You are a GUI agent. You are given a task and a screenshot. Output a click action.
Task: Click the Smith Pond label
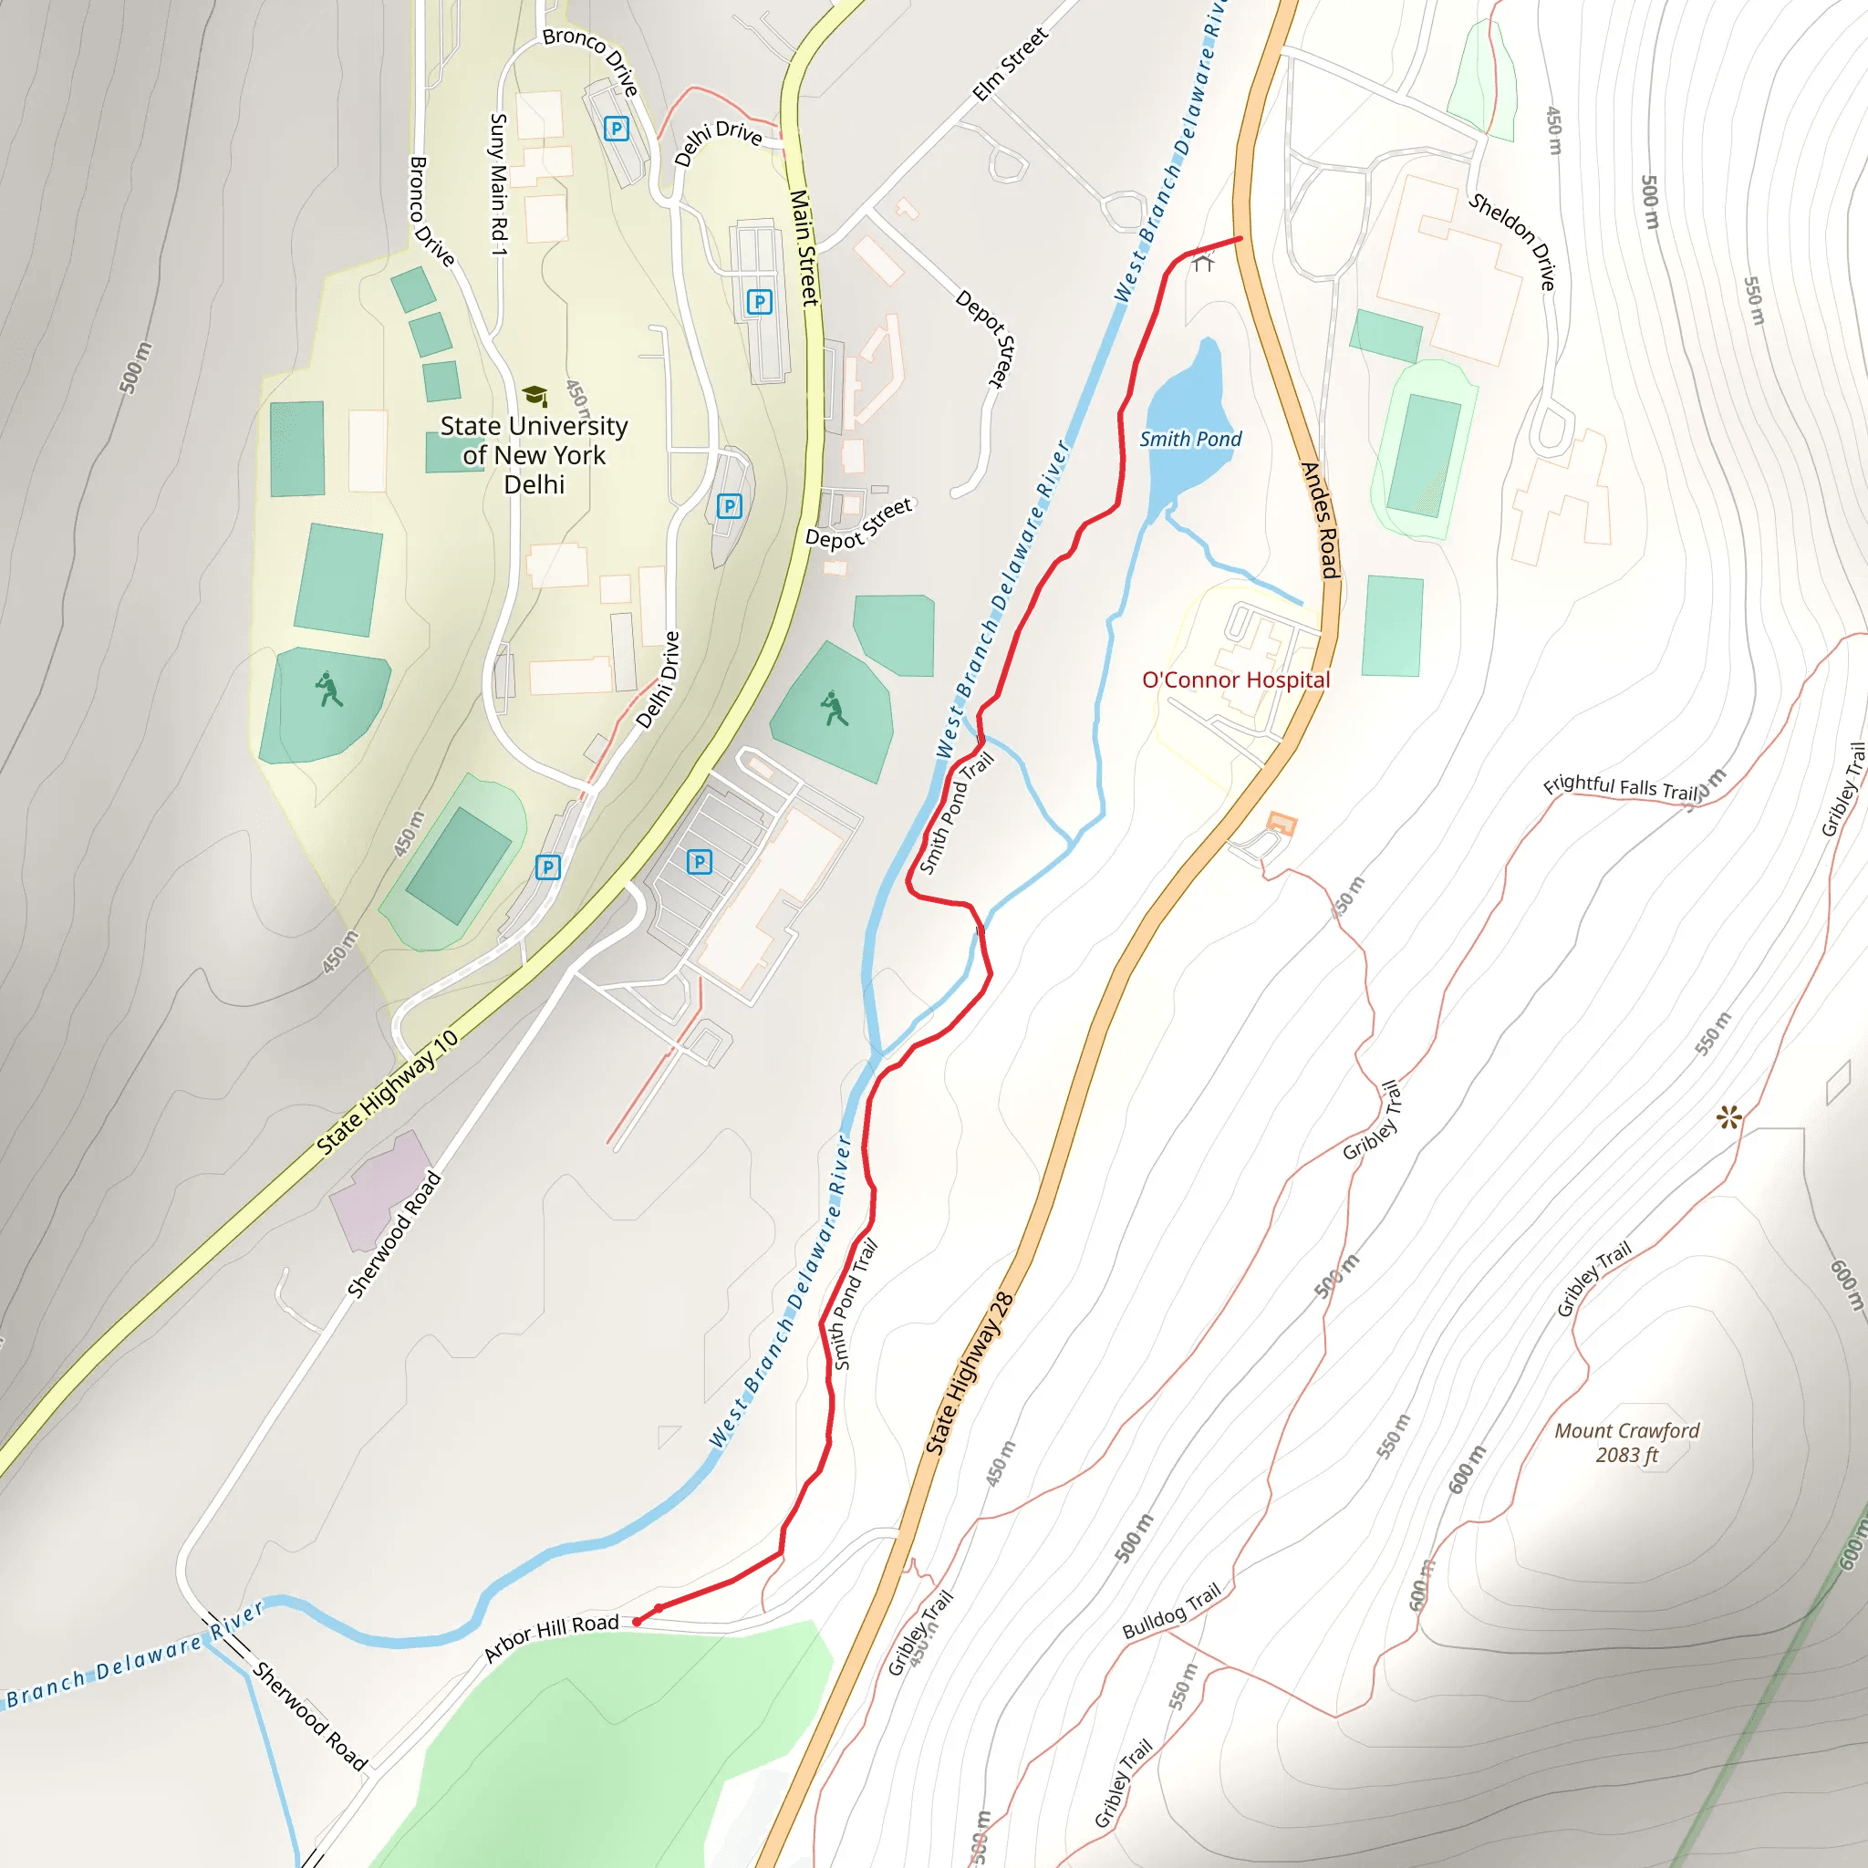(x=1190, y=439)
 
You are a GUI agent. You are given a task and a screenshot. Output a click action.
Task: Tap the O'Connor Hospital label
(x=1236, y=680)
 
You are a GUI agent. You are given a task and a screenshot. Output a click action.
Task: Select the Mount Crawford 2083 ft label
(x=1626, y=1443)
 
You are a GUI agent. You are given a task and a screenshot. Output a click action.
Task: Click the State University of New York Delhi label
(x=534, y=454)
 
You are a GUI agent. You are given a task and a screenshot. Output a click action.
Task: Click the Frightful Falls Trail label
(x=1621, y=787)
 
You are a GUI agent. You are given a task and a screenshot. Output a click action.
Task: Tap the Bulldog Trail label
(x=1171, y=1611)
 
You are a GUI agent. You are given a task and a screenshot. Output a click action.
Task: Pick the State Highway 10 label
(x=388, y=1092)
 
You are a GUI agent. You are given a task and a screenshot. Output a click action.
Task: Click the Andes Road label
(x=1320, y=520)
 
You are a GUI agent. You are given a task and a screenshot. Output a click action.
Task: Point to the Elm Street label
(x=1010, y=64)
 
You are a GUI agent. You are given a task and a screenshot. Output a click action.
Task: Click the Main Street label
(x=804, y=247)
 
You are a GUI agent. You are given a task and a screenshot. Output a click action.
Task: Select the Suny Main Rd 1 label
(x=499, y=183)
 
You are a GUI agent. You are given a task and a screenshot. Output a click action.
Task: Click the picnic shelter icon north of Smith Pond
(x=1203, y=261)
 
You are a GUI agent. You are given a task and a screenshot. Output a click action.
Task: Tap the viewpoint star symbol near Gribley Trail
(x=1728, y=1117)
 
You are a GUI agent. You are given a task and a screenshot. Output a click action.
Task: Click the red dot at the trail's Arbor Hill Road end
(x=638, y=1622)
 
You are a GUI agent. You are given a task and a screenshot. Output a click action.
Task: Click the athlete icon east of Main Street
(x=834, y=709)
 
